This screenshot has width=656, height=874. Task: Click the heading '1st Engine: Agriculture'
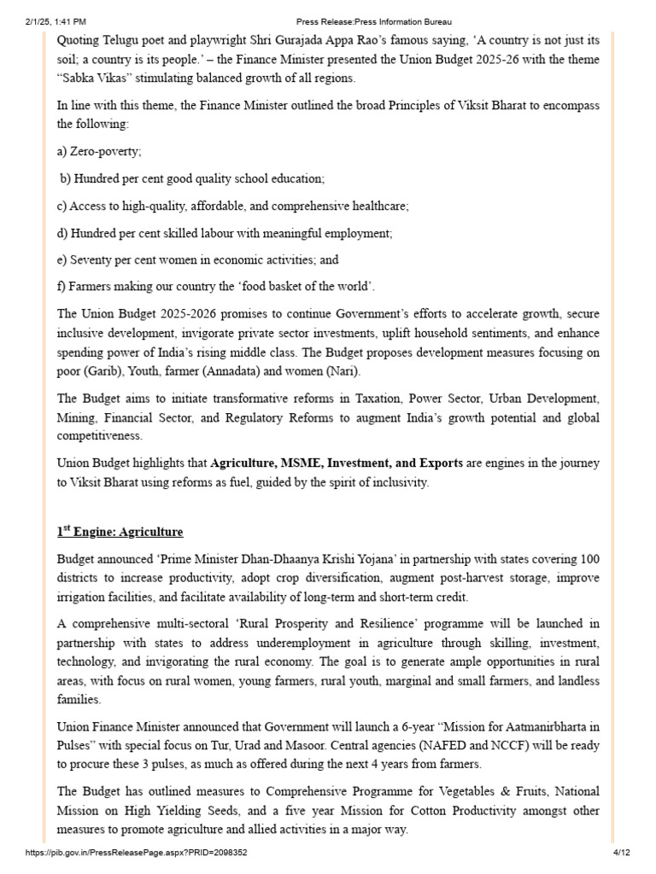tap(120, 532)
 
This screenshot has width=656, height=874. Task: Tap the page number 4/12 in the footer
tap(621, 853)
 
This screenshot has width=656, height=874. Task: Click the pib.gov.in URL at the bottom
tap(138, 853)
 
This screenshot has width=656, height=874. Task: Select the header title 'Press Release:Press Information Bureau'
tap(374, 21)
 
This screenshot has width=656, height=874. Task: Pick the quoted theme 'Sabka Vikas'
tap(92, 79)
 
